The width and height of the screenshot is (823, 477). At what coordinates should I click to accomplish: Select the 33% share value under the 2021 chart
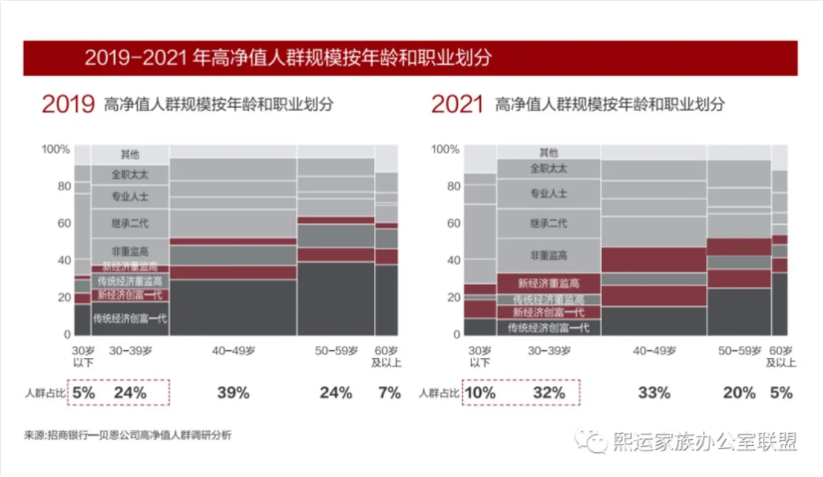tap(654, 393)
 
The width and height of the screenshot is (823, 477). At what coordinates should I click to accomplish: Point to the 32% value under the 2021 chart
tap(542, 393)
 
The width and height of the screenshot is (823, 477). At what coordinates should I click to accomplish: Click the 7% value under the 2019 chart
tap(389, 393)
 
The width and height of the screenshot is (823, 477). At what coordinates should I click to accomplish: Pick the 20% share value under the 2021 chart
tap(738, 393)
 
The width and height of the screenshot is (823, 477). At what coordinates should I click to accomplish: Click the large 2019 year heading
tap(68, 104)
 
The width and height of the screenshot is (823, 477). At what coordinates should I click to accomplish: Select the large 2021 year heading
tap(458, 104)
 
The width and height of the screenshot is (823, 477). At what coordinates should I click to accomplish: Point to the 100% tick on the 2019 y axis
tap(56, 150)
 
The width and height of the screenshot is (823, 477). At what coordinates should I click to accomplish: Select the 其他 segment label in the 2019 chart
tap(130, 155)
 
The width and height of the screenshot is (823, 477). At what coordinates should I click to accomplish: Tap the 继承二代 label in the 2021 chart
tap(549, 223)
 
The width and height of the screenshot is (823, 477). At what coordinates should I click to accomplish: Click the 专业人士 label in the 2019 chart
tap(130, 195)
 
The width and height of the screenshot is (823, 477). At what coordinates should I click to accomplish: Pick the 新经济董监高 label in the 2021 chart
tap(549, 283)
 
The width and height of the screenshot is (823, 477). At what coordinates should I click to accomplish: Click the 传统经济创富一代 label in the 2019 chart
tap(130, 319)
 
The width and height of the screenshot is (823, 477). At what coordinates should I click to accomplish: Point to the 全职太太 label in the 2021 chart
tap(549, 170)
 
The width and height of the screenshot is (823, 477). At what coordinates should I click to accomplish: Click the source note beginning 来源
tap(135, 435)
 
